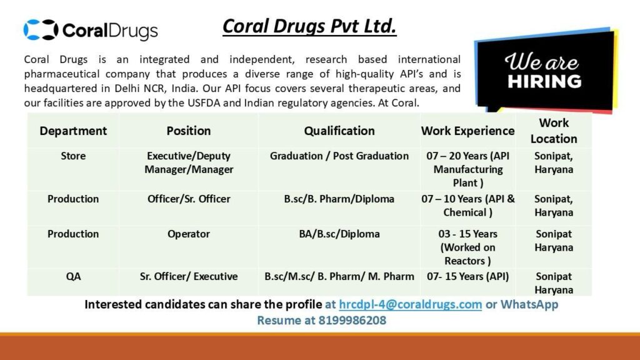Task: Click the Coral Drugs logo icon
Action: click(x=41, y=30)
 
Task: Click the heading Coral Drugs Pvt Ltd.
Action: click(x=309, y=26)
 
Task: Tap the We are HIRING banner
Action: click(x=544, y=71)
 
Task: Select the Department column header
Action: click(x=73, y=131)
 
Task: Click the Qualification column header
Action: click(x=339, y=131)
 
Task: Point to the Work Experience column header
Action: click(x=467, y=131)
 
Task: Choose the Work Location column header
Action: click(x=554, y=131)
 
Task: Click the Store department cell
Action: click(x=73, y=156)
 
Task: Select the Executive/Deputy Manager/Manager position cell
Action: click(x=189, y=162)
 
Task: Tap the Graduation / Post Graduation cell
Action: click(x=339, y=156)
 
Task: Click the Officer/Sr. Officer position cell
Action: click(x=189, y=199)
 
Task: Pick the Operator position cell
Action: click(x=189, y=234)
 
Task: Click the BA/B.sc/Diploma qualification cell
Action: click(x=339, y=234)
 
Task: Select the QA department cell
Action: click(x=73, y=276)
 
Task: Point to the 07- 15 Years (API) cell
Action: click(x=467, y=276)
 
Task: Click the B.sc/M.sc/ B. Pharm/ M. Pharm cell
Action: click(x=339, y=276)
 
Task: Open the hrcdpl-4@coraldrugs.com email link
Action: click(x=410, y=305)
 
